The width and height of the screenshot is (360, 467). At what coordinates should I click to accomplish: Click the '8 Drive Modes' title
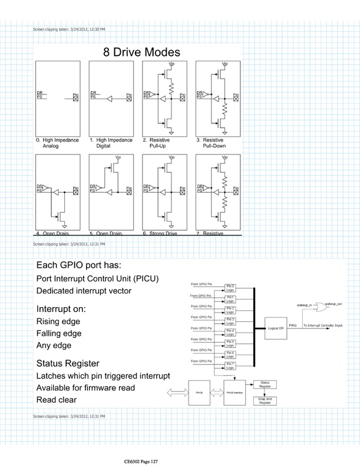click(137, 52)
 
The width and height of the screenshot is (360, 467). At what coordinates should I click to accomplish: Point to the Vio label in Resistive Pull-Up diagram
click(171, 64)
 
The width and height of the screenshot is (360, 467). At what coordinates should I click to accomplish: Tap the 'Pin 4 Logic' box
click(230, 331)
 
